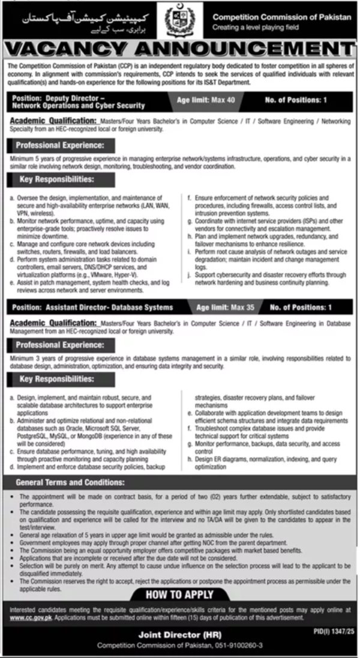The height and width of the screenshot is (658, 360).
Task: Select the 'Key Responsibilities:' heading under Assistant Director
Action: (x=55, y=379)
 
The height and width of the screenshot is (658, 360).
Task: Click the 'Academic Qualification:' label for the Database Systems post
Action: (x=55, y=322)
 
